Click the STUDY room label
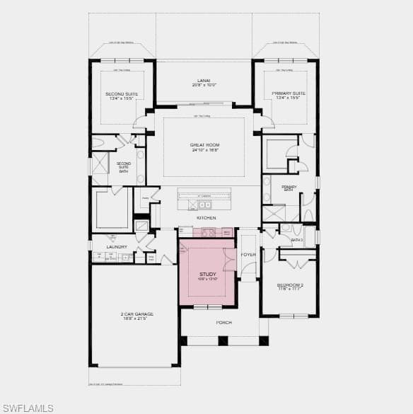click(x=207, y=273)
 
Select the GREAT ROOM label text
click(x=204, y=145)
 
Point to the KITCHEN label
click(x=206, y=217)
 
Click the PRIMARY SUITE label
click(x=289, y=93)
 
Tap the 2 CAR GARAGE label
click(x=138, y=314)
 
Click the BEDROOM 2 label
click(x=290, y=285)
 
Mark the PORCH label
click(x=224, y=322)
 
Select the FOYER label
click(x=248, y=254)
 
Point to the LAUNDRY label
click(x=117, y=247)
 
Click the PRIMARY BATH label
click(x=289, y=188)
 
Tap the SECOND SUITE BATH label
click(x=123, y=167)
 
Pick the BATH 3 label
click(x=297, y=240)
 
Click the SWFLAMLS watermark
click(x=28, y=408)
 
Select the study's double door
click(x=228, y=260)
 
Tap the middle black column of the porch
click(x=223, y=340)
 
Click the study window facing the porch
click(x=208, y=306)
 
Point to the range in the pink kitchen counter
click(x=209, y=232)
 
